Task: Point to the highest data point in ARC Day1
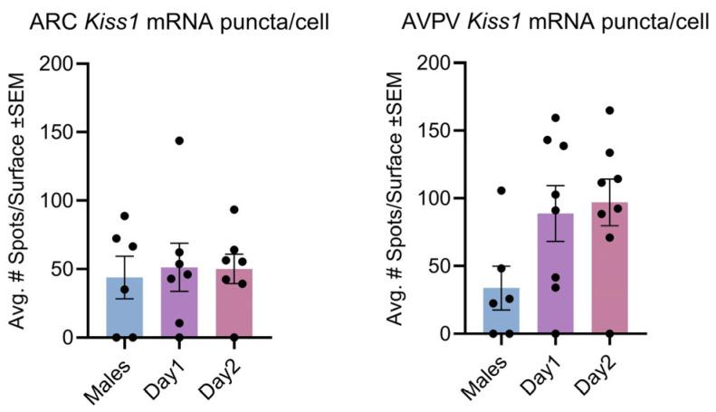pos(179,140)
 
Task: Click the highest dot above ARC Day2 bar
pos(234,209)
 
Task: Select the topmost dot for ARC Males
pos(124,216)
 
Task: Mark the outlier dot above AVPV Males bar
pos(501,190)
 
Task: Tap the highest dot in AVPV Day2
pos(609,110)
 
